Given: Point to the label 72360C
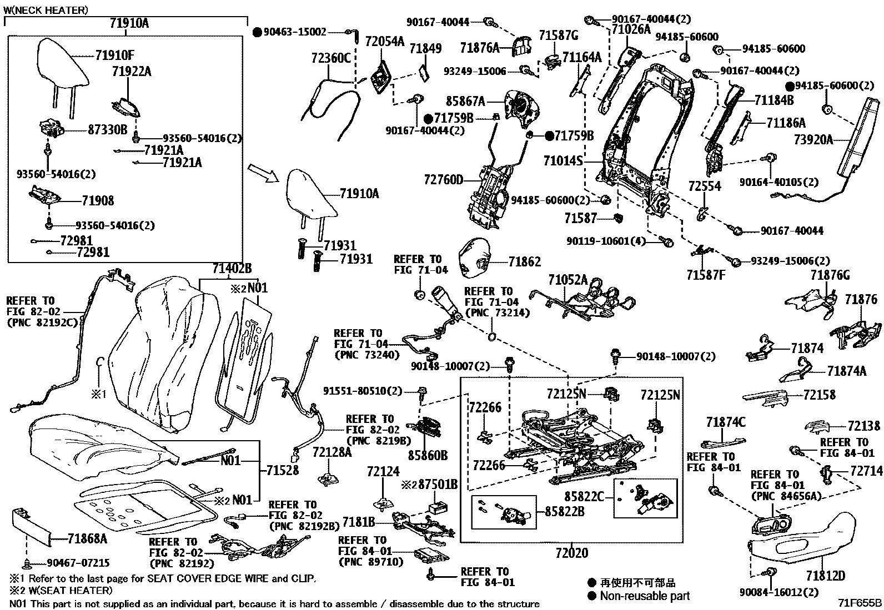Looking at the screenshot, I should click(331, 57).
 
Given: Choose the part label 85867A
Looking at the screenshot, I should click(465, 102).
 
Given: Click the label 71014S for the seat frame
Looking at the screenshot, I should click(563, 161).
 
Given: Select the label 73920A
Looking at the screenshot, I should click(814, 140).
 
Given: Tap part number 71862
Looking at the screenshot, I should click(525, 261).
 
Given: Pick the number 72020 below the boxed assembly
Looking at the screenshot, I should click(571, 553).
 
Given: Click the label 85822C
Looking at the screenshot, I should click(584, 497).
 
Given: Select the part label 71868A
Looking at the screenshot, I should click(88, 538).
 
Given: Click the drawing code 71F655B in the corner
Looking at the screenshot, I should click(860, 603).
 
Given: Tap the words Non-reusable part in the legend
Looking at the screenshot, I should click(645, 596).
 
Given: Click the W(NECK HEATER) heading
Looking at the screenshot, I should click(46, 10).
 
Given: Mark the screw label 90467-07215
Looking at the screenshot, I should click(78, 563).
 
